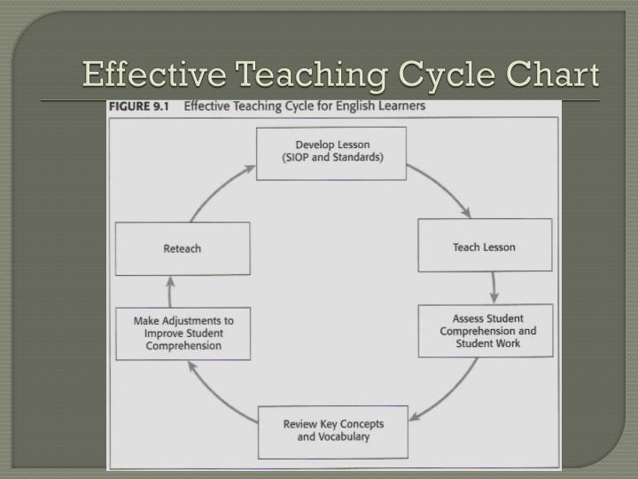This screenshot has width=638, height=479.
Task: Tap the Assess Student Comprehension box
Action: point(485,331)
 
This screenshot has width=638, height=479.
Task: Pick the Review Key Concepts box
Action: point(333,430)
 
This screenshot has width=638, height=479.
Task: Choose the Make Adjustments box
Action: point(183,333)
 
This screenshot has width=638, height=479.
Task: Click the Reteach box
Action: point(183,248)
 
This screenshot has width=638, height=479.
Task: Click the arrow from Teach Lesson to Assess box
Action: point(494,287)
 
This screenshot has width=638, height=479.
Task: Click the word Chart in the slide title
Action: point(556,75)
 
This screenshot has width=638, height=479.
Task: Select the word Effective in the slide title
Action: point(136,75)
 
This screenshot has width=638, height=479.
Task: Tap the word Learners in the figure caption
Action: point(401,106)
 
